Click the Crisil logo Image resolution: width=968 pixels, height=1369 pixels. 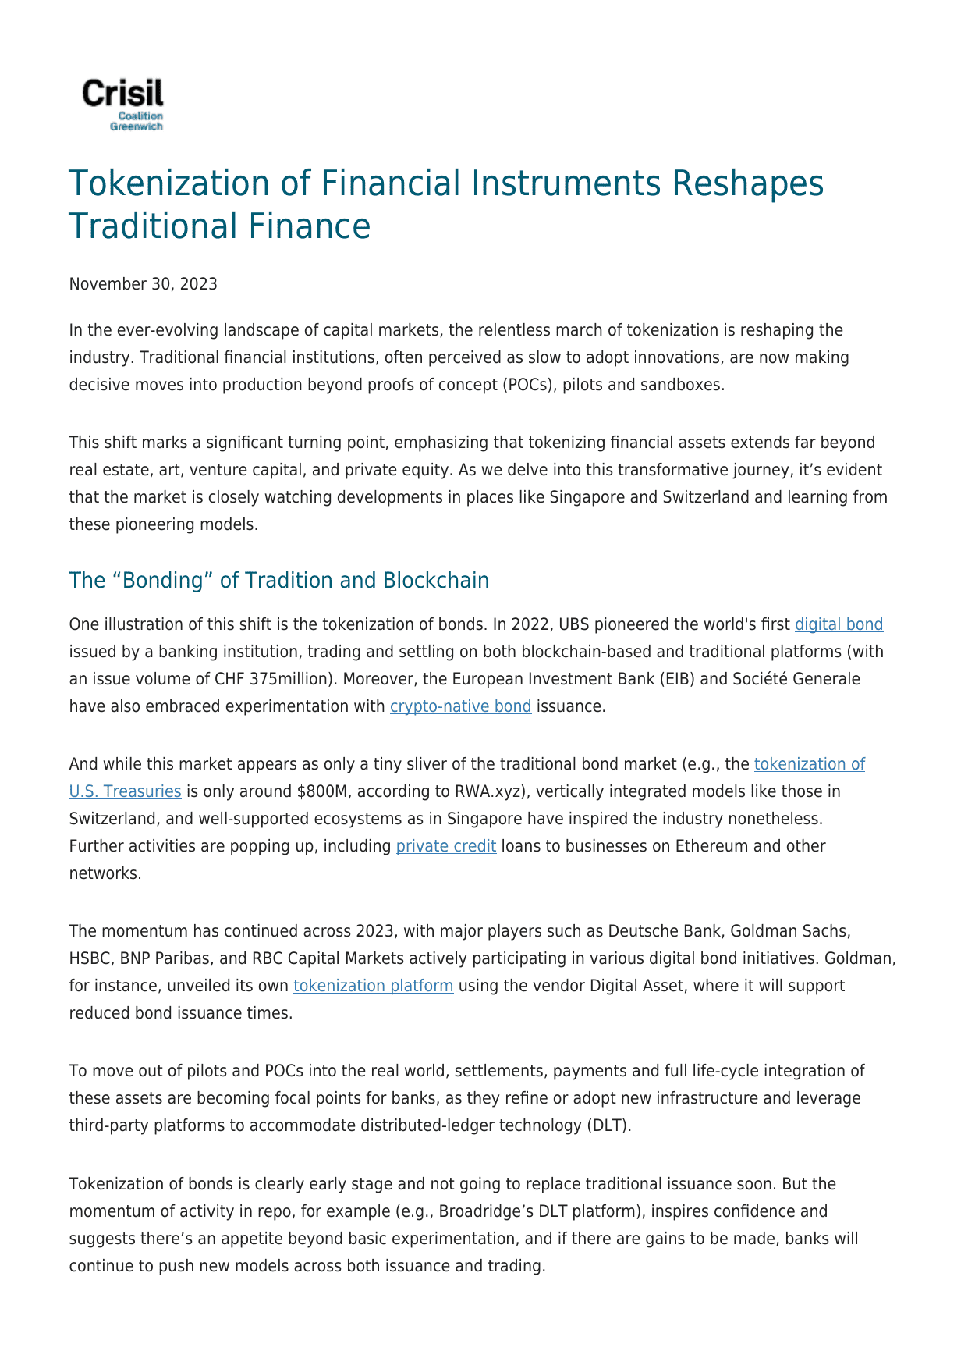click(123, 104)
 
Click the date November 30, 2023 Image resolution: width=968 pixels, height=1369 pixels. click(143, 284)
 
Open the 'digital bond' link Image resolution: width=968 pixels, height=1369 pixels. click(839, 624)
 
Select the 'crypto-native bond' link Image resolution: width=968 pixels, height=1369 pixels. click(460, 706)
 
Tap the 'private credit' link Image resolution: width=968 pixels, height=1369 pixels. click(446, 846)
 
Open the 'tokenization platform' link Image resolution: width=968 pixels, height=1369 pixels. click(373, 986)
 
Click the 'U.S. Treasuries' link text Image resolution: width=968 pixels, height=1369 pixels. click(125, 791)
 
